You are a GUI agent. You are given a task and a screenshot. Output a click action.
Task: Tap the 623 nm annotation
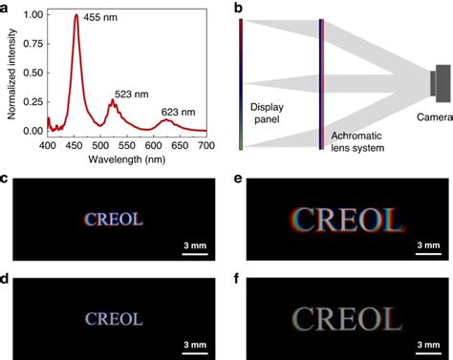178,112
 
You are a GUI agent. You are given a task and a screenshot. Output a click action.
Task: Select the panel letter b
238,8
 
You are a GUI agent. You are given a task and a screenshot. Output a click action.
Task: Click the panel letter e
248,179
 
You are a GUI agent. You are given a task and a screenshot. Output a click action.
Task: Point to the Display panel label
269,114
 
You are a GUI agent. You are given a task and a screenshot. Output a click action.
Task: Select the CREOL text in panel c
114,219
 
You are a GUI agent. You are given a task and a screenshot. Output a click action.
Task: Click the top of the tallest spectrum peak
76,15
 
